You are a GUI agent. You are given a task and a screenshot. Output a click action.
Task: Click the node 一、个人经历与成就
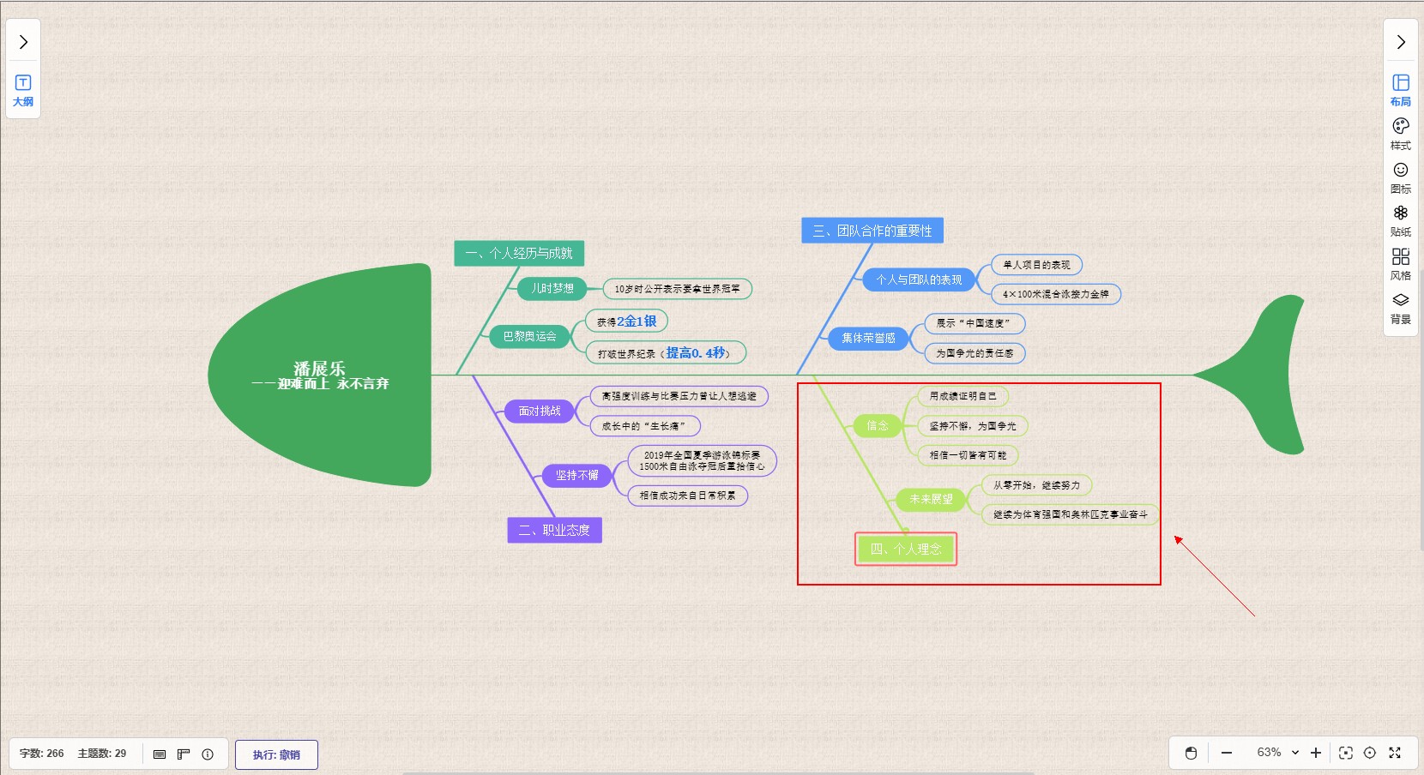pyautogui.click(x=519, y=253)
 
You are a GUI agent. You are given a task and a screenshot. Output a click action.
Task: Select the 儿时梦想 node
pyautogui.click(x=552, y=289)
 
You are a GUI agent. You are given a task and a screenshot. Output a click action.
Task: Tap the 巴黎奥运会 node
pyautogui.click(x=529, y=337)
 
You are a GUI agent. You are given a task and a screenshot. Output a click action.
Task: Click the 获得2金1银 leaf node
pyautogui.click(x=626, y=321)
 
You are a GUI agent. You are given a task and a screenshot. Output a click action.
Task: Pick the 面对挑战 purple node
pyautogui.click(x=540, y=412)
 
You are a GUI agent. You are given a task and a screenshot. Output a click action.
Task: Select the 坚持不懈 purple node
pyautogui.click(x=576, y=475)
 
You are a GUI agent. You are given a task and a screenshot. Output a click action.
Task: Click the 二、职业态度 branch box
pyautogui.click(x=554, y=530)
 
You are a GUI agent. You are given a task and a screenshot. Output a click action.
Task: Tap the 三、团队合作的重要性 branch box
pyautogui.click(x=872, y=231)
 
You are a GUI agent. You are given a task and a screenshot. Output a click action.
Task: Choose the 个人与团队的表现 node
pyautogui.click(x=919, y=279)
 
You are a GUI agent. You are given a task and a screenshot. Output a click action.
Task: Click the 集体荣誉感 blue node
pyautogui.click(x=868, y=339)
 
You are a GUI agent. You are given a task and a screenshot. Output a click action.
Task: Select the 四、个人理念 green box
pyautogui.click(x=906, y=549)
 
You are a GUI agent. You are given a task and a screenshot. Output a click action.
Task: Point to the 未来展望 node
pyautogui.click(x=931, y=499)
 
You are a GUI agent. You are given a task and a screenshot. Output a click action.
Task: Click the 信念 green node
pyautogui.click(x=877, y=425)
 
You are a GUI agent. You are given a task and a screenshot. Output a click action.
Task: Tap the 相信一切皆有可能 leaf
pyautogui.click(x=968, y=455)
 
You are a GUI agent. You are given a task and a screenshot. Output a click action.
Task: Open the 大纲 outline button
pyautogui.click(x=23, y=89)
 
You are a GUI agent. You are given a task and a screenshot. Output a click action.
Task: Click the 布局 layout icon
pyautogui.click(x=1400, y=89)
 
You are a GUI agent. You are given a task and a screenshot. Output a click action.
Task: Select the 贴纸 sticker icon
pyautogui.click(x=1400, y=219)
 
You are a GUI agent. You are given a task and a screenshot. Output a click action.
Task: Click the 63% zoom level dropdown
pyautogui.click(x=1277, y=753)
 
